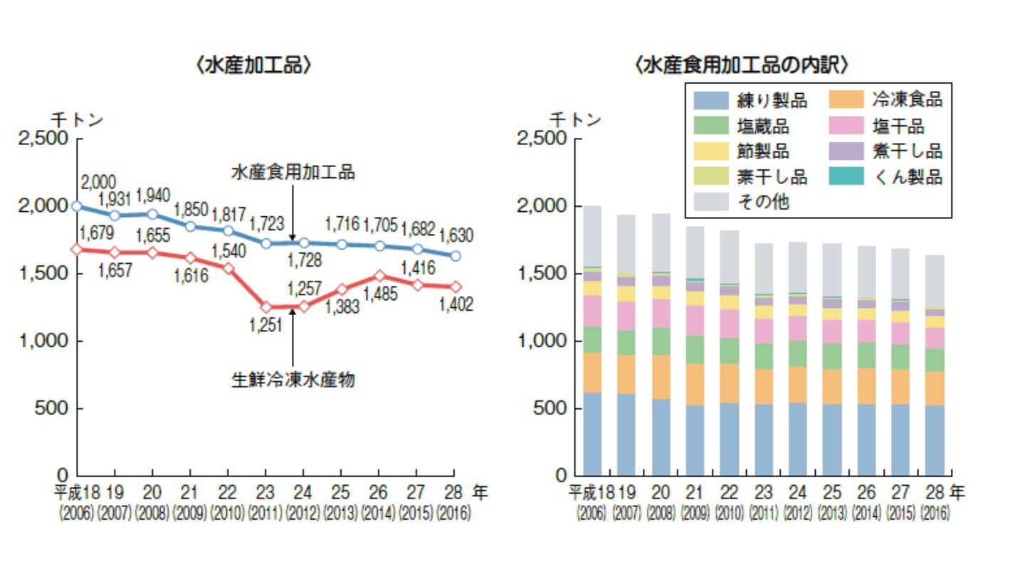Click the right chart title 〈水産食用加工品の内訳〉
click(x=741, y=65)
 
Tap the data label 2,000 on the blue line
click(x=98, y=183)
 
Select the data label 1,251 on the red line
click(x=266, y=325)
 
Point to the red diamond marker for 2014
click(x=379, y=275)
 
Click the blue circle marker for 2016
click(x=456, y=256)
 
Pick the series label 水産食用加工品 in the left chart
click(x=293, y=172)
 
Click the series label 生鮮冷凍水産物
click(x=293, y=379)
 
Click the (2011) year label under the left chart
click(x=266, y=513)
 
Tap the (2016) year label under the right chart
click(x=935, y=513)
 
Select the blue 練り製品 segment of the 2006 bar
click(x=592, y=434)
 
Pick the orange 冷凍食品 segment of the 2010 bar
click(x=729, y=383)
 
